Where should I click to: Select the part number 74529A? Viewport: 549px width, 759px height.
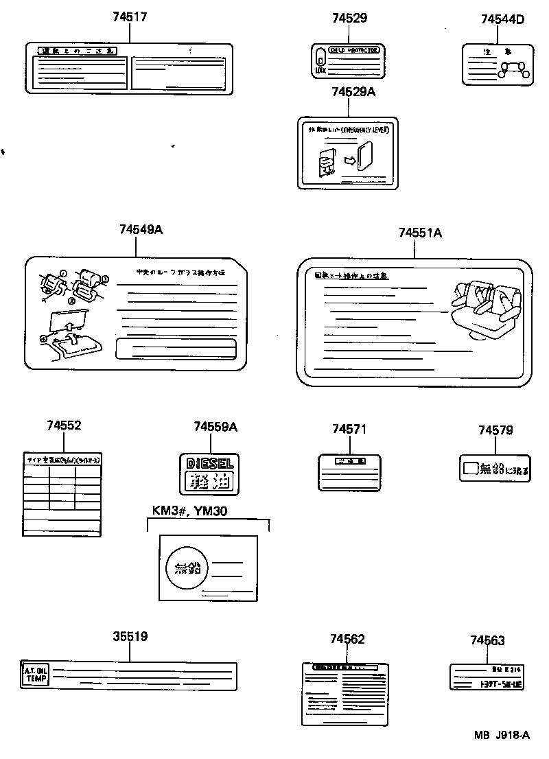tap(348, 91)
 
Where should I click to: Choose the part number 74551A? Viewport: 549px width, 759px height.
tap(419, 233)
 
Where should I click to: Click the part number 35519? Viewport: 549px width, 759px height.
tap(130, 636)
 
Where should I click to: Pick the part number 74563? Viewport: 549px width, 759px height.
tap(487, 641)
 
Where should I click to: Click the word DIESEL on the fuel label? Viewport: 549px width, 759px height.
tap(210, 464)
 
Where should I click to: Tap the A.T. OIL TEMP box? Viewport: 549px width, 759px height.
tap(36, 675)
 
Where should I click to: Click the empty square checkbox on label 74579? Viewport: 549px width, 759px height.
tap(469, 469)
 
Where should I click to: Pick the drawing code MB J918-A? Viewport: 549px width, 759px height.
tap(501, 735)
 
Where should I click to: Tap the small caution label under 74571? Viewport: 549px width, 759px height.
tap(349, 472)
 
